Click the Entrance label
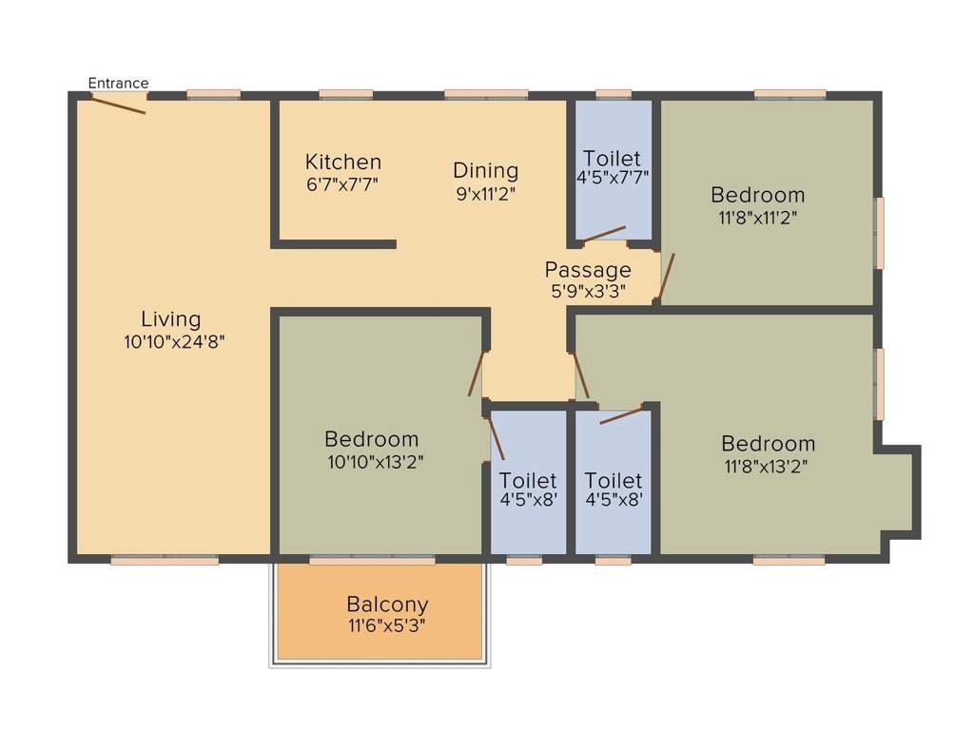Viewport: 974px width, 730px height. coord(119,84)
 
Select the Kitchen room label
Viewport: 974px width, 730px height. coord(343,162)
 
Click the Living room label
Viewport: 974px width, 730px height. coord(171,318)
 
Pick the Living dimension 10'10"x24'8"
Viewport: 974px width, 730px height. coord(173,341)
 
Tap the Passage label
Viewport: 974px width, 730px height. coord(588,270)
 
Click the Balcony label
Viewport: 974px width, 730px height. coord(387,604)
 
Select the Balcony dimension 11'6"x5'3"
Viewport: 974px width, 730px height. coord(385,626)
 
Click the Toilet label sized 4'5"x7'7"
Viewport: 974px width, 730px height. coord(612,158)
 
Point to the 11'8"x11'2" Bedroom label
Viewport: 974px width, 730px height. coord(758,195)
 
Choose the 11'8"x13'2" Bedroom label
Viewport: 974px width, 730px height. coord(768,443)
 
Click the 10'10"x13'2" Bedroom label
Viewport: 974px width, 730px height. coord(371,439)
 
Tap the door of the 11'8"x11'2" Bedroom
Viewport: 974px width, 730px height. coord(667,277)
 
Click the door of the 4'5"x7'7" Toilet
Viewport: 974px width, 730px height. coord(604,234)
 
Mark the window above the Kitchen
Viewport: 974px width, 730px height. coord(345,94)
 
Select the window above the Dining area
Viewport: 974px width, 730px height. coord(486,94)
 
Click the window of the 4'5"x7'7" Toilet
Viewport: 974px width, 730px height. coord(614,94)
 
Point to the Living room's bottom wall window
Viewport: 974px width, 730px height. coord(165,561)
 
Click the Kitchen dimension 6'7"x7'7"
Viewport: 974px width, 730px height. coord(343,184)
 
